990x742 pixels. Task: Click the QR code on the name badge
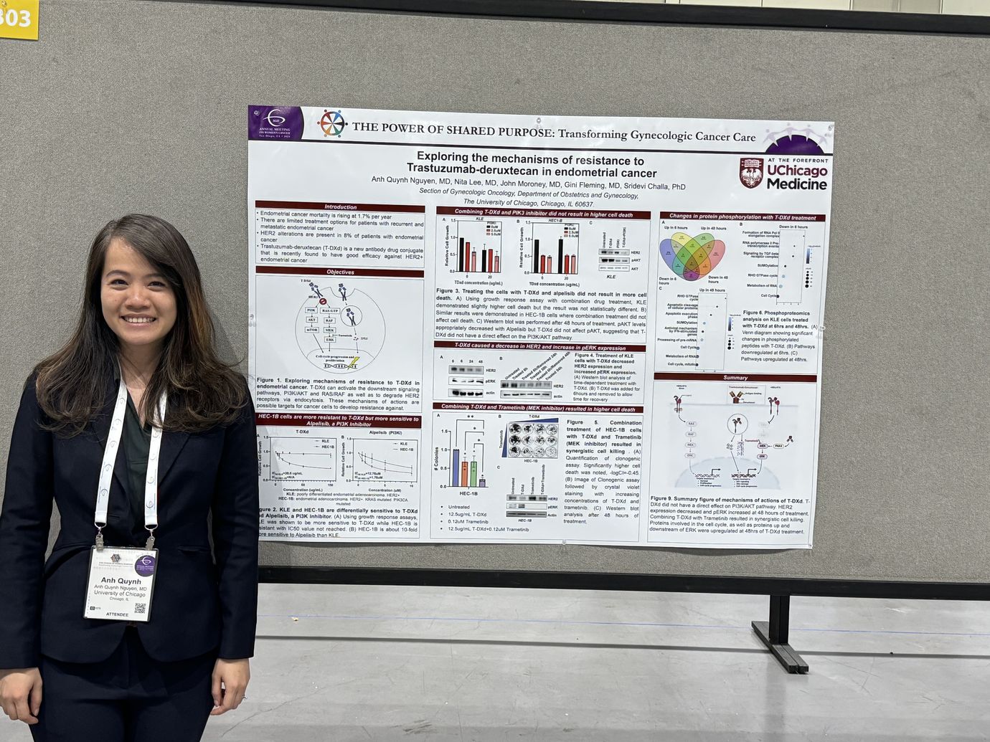(140, 609)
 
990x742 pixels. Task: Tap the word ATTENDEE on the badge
(118, 615)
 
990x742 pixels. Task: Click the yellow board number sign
(16, 17)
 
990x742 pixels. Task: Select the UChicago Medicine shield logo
(751, 173)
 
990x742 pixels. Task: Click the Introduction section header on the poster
(340, 206)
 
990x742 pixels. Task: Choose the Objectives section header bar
(340, 272)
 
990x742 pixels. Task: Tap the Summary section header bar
(735, 377)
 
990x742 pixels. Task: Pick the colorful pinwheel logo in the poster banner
(331, 123)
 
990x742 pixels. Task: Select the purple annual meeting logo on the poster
(276, 123)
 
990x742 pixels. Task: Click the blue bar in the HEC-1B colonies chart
(455, 468)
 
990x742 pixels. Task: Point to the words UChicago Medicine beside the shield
(796, 178)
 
